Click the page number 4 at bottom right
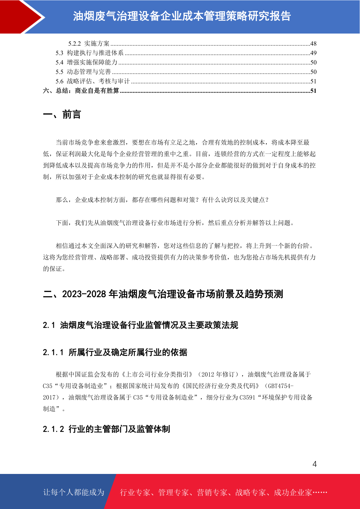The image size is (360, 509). pyautogui.click(x=314, y=464)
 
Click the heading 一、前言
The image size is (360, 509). pyautogui.click(x=62, y=115)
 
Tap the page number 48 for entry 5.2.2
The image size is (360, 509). pyautogui.click(x=313, y=44)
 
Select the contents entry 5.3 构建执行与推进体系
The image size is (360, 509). pyautogui.click(x=89, y=53)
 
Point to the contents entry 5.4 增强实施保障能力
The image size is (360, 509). pyautogui.click(x=86, y=62)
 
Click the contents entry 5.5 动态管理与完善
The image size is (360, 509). pyautogui.click(x=83, y=72)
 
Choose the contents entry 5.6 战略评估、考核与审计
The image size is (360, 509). pyautogui.click(x=92, y=81)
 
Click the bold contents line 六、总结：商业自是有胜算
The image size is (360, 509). pyautogui.click(x=81, y=91)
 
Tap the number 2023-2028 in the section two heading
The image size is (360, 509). pyautogui.click(x=84, y=294)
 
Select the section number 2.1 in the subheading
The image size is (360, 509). pyautogui.click(x=49, y=325)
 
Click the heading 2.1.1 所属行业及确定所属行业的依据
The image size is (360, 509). pyautogui.click(x=115, y=352)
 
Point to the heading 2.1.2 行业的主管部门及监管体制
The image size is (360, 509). pyautogui.click(x=106, y=429)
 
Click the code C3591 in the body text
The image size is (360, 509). pyautogui.click(x=248, y=397)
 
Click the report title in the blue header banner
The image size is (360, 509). pyautogui.click(x=182, y=16)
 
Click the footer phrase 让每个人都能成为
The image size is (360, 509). pyautogui.click(x=74, y=492)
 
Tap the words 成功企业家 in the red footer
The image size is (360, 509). pyautogui.click(x=293, y=492)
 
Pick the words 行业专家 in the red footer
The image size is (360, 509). pyautogui.click(x=135, y=492)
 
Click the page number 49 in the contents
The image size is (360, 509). pyautogui.click(x=313, y=53)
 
